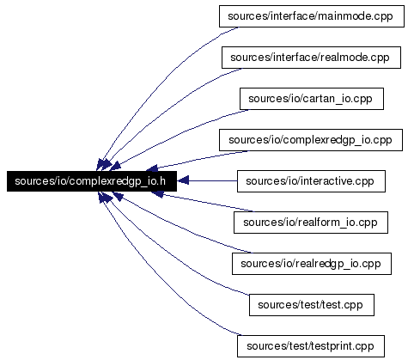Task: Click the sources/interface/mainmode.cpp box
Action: [312, 16]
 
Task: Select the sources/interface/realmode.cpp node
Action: [311, 58]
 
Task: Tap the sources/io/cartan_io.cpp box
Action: [312, 99]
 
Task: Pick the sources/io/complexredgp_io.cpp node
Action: [311, 140]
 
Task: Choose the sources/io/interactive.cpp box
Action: [311, 181]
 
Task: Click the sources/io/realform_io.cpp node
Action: [311, 223]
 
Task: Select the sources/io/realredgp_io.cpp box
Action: [312, 264]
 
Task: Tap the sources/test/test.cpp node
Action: [312, 305]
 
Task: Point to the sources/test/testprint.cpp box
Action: [311, 346]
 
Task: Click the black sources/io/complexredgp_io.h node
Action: [92, 181]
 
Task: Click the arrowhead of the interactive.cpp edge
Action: [183, 180]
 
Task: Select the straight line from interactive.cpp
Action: [207, 180]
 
